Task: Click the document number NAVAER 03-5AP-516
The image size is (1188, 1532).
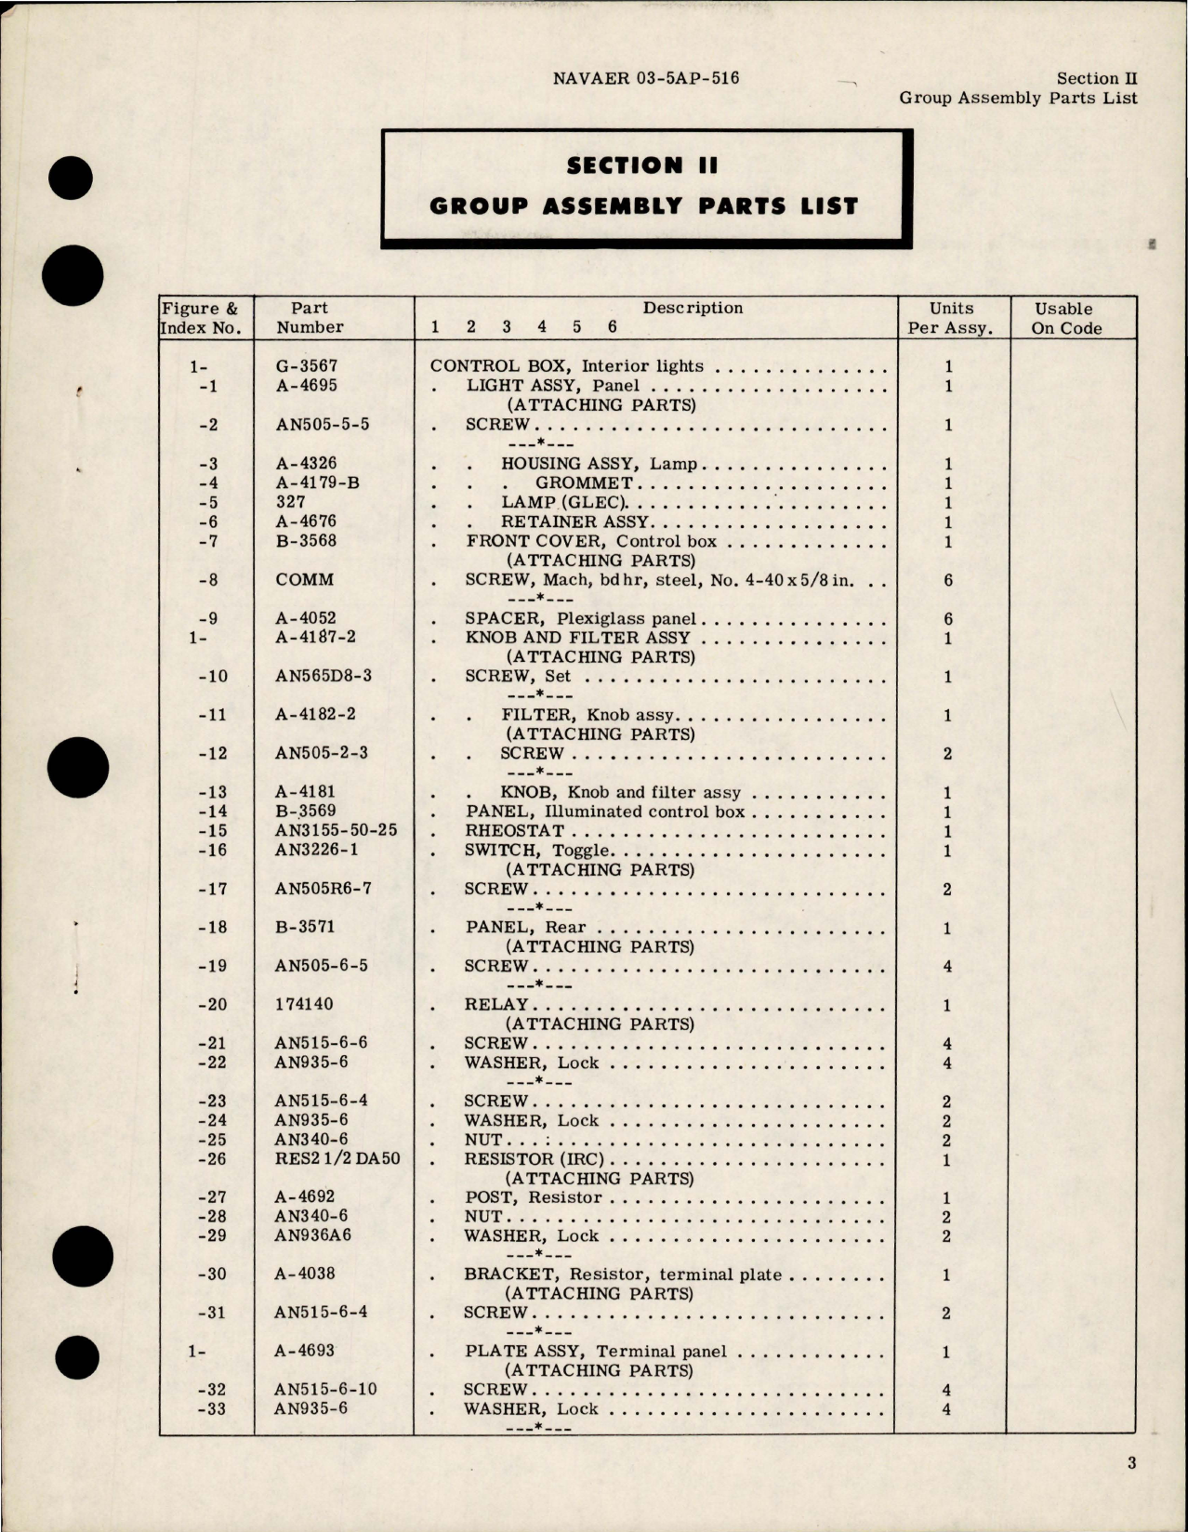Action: [646, 78]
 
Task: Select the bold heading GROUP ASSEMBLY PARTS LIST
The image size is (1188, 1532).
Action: [643, 205]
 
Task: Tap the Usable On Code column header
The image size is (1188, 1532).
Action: [1065, 318]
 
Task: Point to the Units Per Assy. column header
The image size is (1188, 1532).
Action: [950, 318]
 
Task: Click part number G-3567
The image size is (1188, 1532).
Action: [307, 366]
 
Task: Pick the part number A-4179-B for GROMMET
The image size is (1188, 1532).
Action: [318, 482]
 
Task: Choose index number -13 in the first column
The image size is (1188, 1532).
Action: [213, 792]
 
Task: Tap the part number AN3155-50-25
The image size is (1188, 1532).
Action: [336, 830]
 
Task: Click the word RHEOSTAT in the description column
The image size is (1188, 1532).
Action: [515, 831]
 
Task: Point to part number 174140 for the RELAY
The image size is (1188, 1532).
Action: [303, 1004]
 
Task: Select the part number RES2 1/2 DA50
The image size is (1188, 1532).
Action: [337, 1158]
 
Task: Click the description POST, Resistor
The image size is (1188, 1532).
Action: [533, 1197]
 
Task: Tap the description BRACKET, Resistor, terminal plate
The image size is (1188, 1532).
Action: [623, 1274]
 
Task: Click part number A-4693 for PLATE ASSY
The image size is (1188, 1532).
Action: [304, 1351]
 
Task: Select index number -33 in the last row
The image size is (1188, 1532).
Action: [213, 1409]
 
